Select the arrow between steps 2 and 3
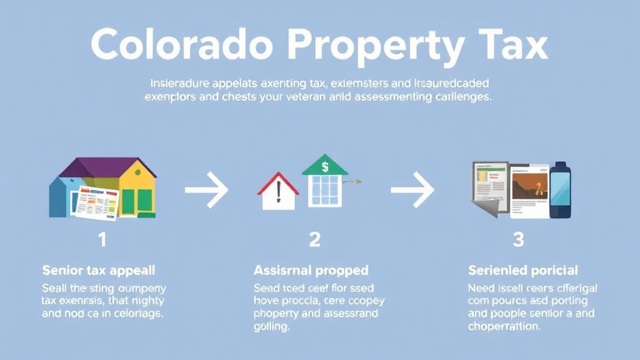(x=412, y=190)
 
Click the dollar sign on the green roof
(x=324, y=167)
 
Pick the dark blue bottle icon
(x=560, y=190)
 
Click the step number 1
(x=102, y=239)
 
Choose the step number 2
(x=314, y=239)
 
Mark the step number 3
(x=518, y=239)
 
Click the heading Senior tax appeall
(x=98, y=271)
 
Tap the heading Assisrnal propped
(x=311, y=271)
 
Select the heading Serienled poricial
(x=523, y=271)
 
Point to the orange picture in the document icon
(x=529, y=186)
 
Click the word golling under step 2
(x=272, y=326)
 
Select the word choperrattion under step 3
(x=504, y=326)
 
